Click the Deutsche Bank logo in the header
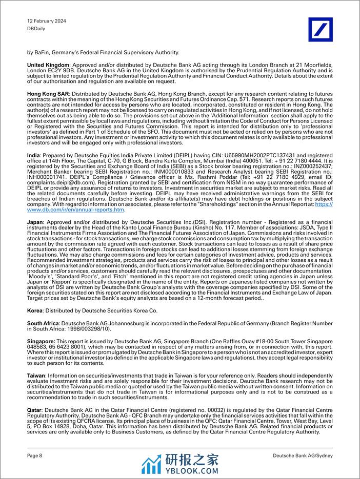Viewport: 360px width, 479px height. (x=320, y=29)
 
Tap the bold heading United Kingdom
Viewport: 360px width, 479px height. (x=48, y=65)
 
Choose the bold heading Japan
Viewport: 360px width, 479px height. (x=36, y=221)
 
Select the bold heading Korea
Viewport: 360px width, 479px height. (x=35, y=310)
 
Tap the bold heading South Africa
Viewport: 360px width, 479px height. (x=43, y=324)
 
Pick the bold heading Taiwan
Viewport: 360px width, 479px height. (x=36, y=375)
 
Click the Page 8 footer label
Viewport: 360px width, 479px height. (x=35, y=455)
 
